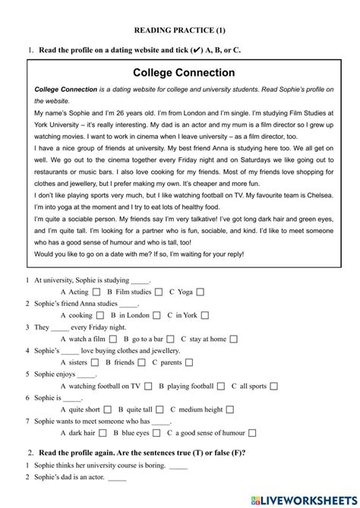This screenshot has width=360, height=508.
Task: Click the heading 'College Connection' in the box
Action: click(x=184, y=73)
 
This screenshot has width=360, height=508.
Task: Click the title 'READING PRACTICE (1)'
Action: click(x=180, y=31)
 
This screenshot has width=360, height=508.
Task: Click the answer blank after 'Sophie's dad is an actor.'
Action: click(x=117, y=480)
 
